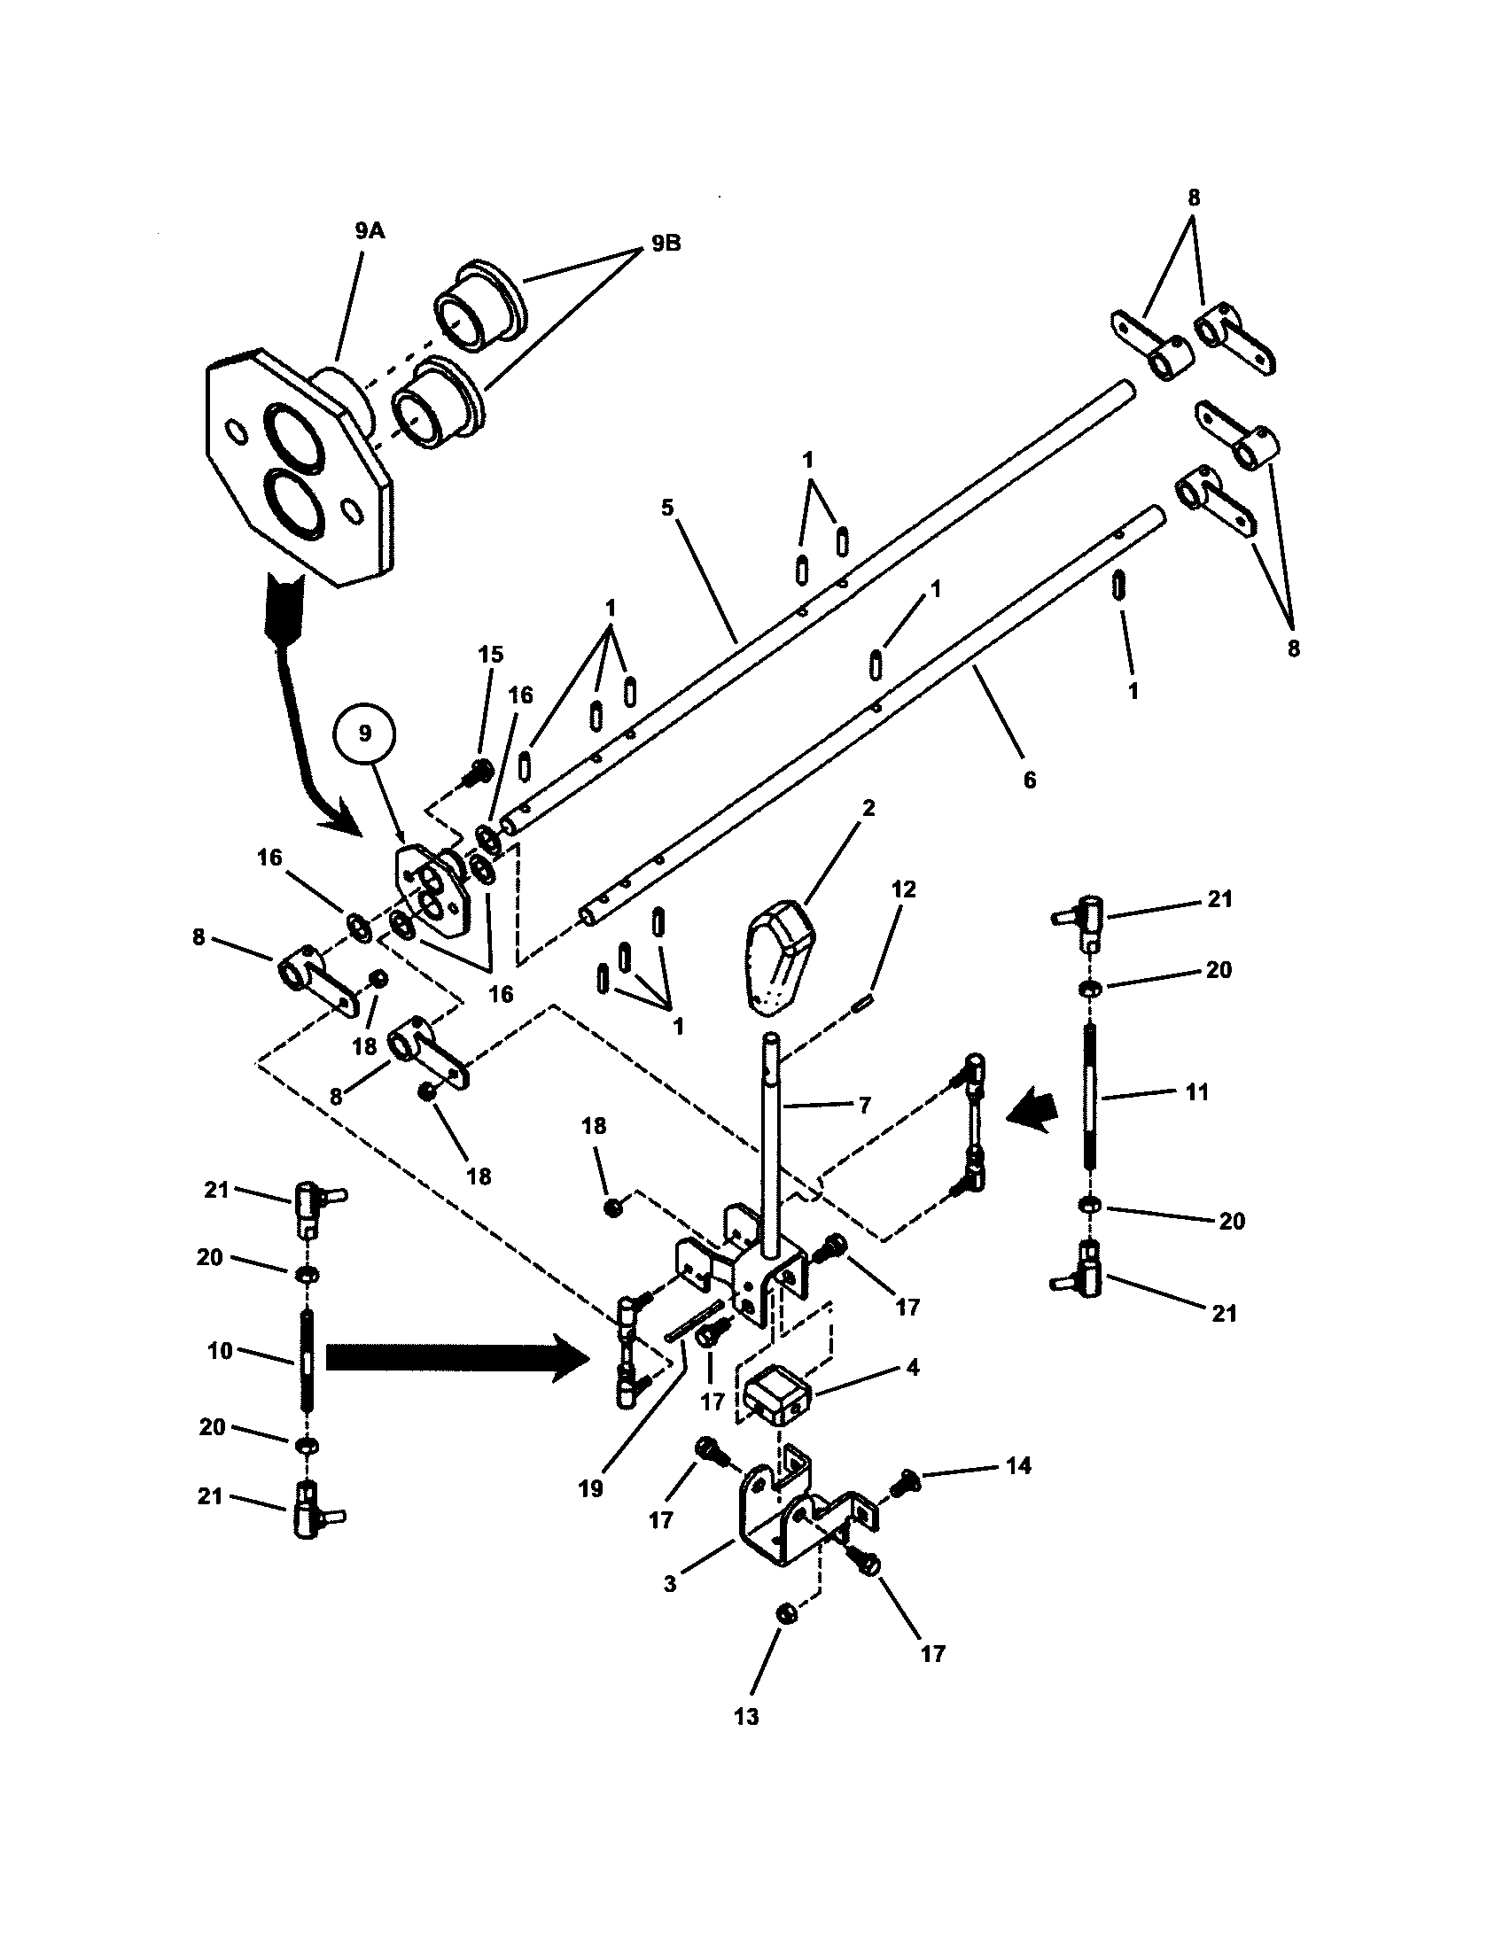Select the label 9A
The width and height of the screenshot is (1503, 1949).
[x=369, y=231]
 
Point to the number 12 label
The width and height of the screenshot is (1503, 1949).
[x=903, y=889]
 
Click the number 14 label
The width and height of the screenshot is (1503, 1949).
[x=1018, y=1465]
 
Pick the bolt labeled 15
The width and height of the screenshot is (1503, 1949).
[x=481, y=768]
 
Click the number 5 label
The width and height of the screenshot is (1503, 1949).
[x=667, y=508]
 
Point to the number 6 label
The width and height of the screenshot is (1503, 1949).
[x=1030, y=779]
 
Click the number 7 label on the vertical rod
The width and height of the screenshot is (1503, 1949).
[x=863, y=1105]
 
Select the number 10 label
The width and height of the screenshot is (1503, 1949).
[x=220, y=1350]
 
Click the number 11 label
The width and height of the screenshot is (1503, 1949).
[x=1197, y=1091]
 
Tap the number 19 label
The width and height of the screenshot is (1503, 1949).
[x=591, y=1487]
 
